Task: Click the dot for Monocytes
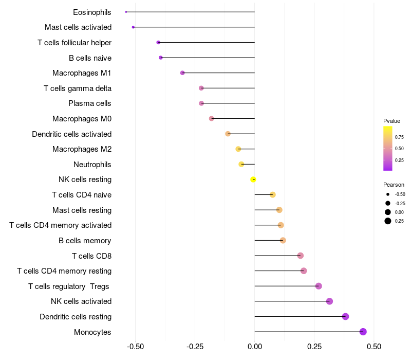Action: tap(363, 332)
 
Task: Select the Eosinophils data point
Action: tap(126, 12)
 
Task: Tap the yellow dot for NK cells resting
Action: tap(253, 179)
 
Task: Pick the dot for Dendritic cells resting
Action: tap(345, 316)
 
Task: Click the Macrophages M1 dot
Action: tap(182, 73)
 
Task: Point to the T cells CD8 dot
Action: tap(301, 256)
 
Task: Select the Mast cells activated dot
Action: tap(133, 27)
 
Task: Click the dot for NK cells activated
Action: tap(329, 301)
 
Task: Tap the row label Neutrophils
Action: tap(92, 165)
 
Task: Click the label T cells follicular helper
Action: tap(74, 42)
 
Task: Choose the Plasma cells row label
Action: tap(90, 103)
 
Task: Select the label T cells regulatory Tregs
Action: tap(69, 286)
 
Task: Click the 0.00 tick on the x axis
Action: tap(255, 347)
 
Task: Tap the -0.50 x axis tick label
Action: tap(135, 347)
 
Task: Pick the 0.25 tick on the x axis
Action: tap(314, 347)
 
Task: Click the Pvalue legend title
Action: tap(391, 121)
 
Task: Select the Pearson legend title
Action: tap(394, 185)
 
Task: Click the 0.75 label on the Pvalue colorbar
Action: tap(399, 137)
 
